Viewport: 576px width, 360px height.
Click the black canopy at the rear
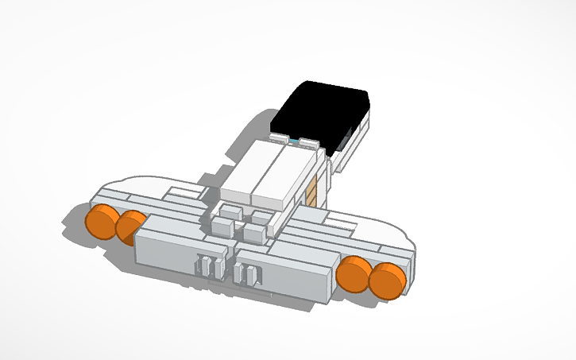pos(322,111)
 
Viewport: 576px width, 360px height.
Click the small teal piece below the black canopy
pos(296,141)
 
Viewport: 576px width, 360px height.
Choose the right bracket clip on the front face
pos(248,273)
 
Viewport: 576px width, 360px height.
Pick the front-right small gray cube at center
pos(255,233)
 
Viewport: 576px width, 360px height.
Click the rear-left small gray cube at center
pos(232,211)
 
